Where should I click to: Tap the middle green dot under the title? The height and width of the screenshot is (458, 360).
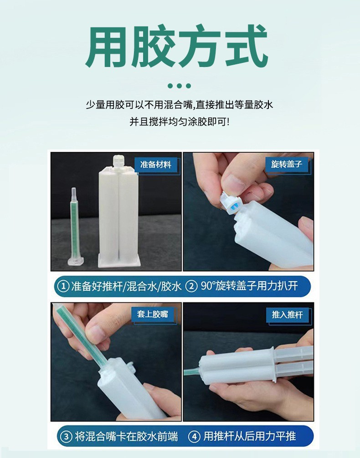(x=180, y=86)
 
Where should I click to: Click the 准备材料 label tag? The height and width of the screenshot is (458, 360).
(x=156, y=165)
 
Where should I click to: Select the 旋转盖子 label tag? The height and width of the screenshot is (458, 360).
(x=287, y=164)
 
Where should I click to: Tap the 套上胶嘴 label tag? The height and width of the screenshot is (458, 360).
(x=153, y=314)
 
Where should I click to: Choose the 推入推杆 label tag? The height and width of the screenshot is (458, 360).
(x=287, y=314)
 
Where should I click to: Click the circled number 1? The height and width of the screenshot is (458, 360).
(x=63, y=286)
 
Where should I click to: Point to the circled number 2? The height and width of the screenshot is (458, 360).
(x=191, y=286)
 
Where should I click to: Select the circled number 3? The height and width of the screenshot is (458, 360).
(x=66, y=437)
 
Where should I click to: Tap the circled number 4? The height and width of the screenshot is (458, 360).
(x=194, y=437)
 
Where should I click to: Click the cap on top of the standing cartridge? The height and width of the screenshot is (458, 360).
(x=118, y=162)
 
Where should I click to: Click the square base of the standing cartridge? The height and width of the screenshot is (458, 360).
(x=119, y=261)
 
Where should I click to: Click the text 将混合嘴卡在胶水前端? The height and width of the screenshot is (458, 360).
(x=126, y=437)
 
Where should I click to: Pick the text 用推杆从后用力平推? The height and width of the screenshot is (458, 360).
(x=250, y=437)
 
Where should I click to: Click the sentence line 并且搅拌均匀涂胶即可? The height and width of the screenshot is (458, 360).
(x=180, y=122)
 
